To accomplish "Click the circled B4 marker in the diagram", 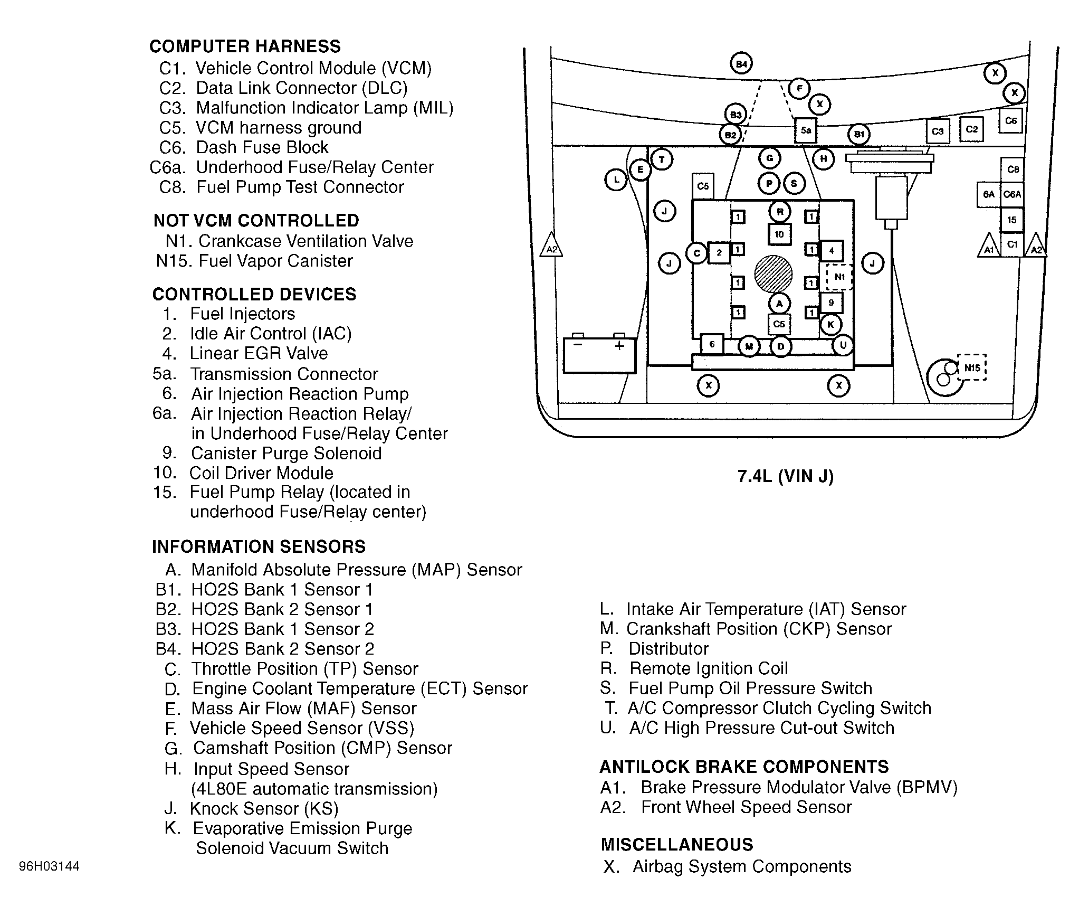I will pyautogui.click(x=741, y=64).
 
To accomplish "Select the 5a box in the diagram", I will pyautogui.click(x=806, y=130).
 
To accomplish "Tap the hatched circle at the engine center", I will pyautogui.click(x=773, y=274).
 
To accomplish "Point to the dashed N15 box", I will pyautogui.click(x=971, y=367).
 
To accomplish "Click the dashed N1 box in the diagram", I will pyautogui.click(x=839, y=277).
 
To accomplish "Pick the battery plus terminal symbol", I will pyautogui.click(x=619, y=346).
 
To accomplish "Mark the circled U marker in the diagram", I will pyautogui.click(x=843, y=345).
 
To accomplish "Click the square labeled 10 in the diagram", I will pyautogui.click(x=779, y=234).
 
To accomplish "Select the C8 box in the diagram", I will pyautogui.click(x=1013, y=169).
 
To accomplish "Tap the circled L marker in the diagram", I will pyautogui.click(x=616, y=180).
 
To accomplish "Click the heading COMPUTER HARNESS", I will pyautogui.click(x=245, y=46).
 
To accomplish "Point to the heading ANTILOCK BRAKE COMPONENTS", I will pyautogui.click(x=744, y=767).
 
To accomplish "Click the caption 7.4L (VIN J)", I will pyautogui.click(x=785, y=476).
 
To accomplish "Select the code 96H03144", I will pyautogui.click(x=49, y=866).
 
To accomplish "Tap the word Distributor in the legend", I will pyautogui.click(x=668, y=648).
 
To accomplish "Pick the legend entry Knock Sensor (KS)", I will pyautogui.click(x=264, y=808).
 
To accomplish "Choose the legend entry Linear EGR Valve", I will pyautogui.click(x=259, y=353).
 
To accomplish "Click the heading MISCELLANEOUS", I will pyautogui.click(x=677, y=844).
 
